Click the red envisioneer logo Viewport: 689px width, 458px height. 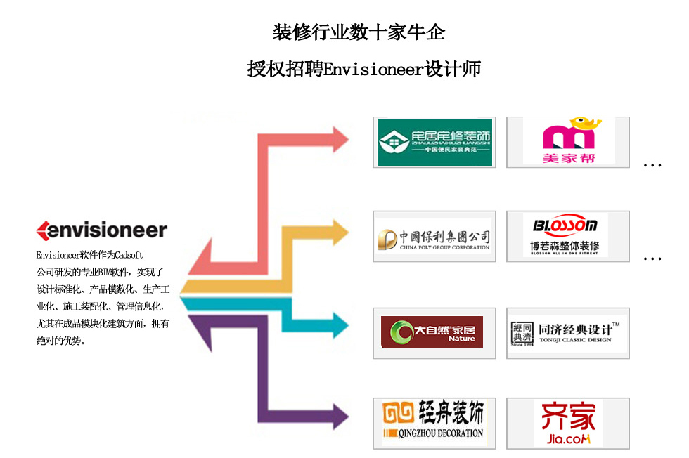coord(101,230)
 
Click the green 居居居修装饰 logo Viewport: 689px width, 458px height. coord(434,142)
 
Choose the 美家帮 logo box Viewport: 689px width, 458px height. coord(568,142)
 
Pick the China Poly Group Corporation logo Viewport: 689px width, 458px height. coord(434,237)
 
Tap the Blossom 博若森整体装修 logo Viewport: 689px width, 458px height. coord(568,236)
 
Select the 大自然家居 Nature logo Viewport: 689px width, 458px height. coord(434,332)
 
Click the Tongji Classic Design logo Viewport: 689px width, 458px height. coord(568,332)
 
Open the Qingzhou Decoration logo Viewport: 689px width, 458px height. coord(434,423)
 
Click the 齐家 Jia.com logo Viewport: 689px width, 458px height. coord(568,423)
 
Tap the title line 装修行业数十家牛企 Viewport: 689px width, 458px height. coord(359,32)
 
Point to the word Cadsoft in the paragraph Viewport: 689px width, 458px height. coord(129,255)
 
